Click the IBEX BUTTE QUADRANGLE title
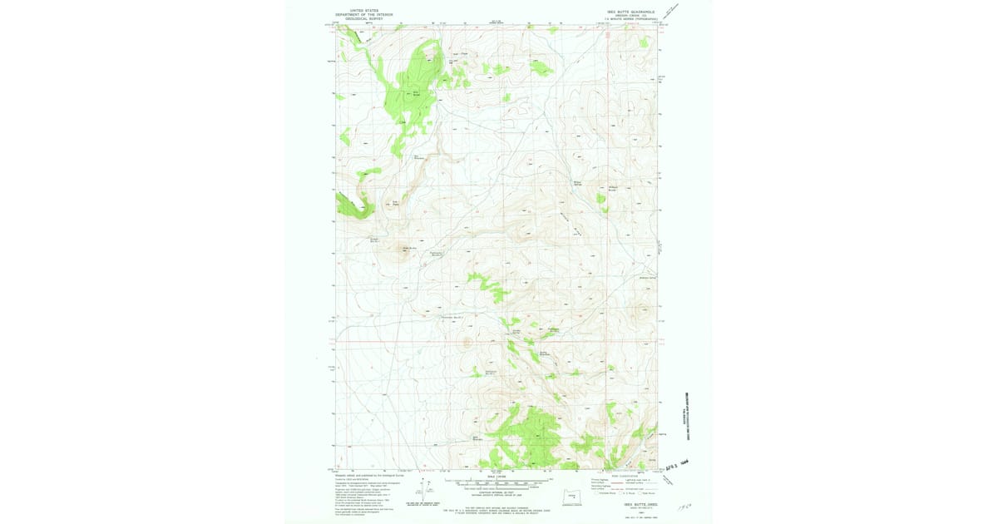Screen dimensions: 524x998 [631, 12]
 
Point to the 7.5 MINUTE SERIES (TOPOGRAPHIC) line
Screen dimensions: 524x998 [631, 19]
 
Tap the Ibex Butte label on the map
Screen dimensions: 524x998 [408, 247]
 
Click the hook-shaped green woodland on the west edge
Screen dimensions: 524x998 [353, 205]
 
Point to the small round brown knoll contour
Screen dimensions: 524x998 [467, 341]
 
